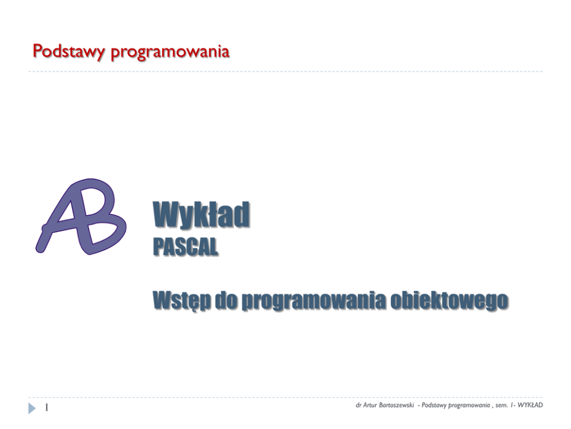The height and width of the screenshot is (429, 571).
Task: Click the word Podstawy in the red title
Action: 69,51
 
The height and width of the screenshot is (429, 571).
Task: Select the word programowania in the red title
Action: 170,52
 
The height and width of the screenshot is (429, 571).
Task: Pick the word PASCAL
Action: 186,247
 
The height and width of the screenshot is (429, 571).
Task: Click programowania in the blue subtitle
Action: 314,301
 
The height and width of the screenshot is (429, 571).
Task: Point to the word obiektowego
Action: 449,300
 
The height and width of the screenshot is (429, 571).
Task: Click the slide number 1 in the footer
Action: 47,408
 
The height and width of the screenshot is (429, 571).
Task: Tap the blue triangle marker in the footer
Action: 32,408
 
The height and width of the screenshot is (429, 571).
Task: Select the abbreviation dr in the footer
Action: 359,405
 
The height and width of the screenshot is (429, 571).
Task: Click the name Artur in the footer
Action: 370,405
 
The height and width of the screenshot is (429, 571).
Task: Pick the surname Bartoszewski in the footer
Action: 396,405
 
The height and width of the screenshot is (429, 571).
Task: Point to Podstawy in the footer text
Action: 433,405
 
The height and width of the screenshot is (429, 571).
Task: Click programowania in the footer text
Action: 469,405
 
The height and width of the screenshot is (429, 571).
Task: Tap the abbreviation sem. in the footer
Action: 501,405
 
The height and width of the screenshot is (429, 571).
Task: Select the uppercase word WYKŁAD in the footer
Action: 530,405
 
